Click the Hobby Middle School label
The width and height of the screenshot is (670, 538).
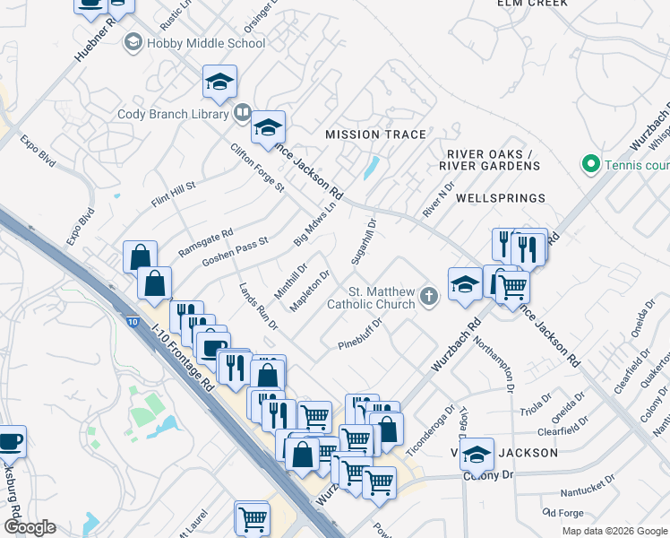[206, 42]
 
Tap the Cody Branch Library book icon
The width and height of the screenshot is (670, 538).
[242, 113]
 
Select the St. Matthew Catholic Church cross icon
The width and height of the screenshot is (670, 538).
[429, 295]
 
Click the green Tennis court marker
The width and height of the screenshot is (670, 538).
[590, 164]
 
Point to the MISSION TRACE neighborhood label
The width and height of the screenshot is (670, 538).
[375, 134]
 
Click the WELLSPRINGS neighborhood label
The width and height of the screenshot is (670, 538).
[501, 197]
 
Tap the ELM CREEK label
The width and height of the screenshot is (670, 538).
[533, 4]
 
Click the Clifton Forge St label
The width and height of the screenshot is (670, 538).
[256, 168]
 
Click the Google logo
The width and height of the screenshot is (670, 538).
[29, 527]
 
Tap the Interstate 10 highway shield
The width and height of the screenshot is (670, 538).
[133, 321]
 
